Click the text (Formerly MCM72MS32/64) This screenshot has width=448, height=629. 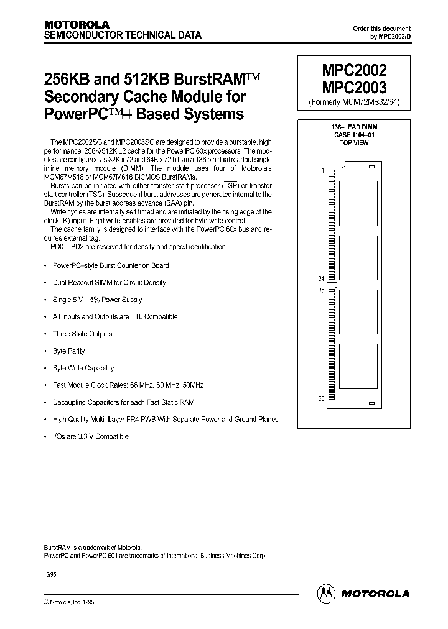point(353,102)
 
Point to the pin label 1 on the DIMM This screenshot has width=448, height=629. point(322,170)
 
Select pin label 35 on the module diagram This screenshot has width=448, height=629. point(320,290)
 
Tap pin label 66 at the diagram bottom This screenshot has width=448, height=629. point(321,398)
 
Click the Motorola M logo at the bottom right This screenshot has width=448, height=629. point(327,594)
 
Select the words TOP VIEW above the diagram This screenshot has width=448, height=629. point(353,143)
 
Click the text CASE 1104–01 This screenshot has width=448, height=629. point(353,135)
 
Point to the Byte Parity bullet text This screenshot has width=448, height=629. point(69,351)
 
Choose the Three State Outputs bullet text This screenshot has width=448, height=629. point(83,334)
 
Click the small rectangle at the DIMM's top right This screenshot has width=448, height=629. point(371,167)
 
